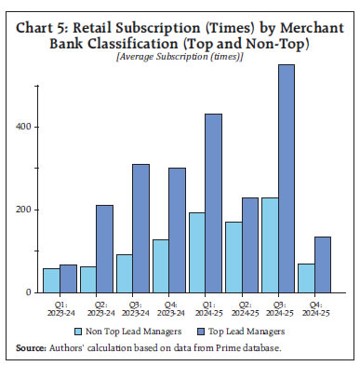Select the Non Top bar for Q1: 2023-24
click(x=51, y=280)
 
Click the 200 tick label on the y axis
click(x=25, y=210)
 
